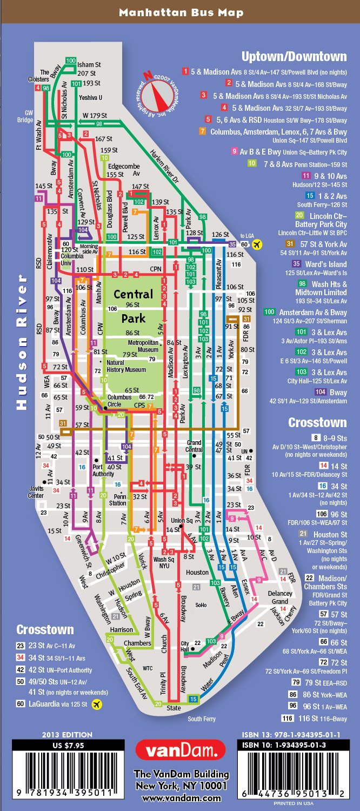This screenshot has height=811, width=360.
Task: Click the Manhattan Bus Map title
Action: tap(181, 12)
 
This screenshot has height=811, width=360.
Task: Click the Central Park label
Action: tap(133, 306)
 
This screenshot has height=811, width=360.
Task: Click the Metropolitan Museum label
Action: tap(143, 346)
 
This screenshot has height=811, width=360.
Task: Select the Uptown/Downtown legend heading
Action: tap(294, 57)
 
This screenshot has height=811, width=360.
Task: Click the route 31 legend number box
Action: tap(290, 244)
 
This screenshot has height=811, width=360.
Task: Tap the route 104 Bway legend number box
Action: tap(320, 392)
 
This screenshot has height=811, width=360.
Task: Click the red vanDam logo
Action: tap(181, 750)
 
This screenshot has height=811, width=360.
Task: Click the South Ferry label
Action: tap(202, 719)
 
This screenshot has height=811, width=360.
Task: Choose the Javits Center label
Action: tap(36, 491)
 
